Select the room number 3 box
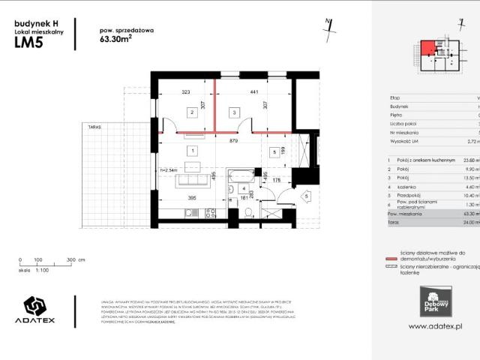point(234,112)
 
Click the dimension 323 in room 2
point(186,92)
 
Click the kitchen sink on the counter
point(190,213)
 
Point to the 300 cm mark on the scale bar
point(68,260)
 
